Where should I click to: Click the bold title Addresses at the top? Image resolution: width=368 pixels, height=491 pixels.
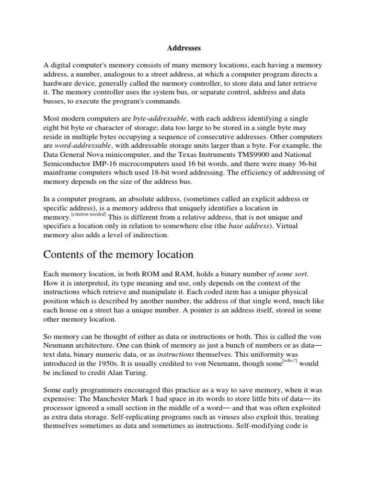coord(184,48)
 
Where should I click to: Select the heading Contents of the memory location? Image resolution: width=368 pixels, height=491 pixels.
coord(119,255)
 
